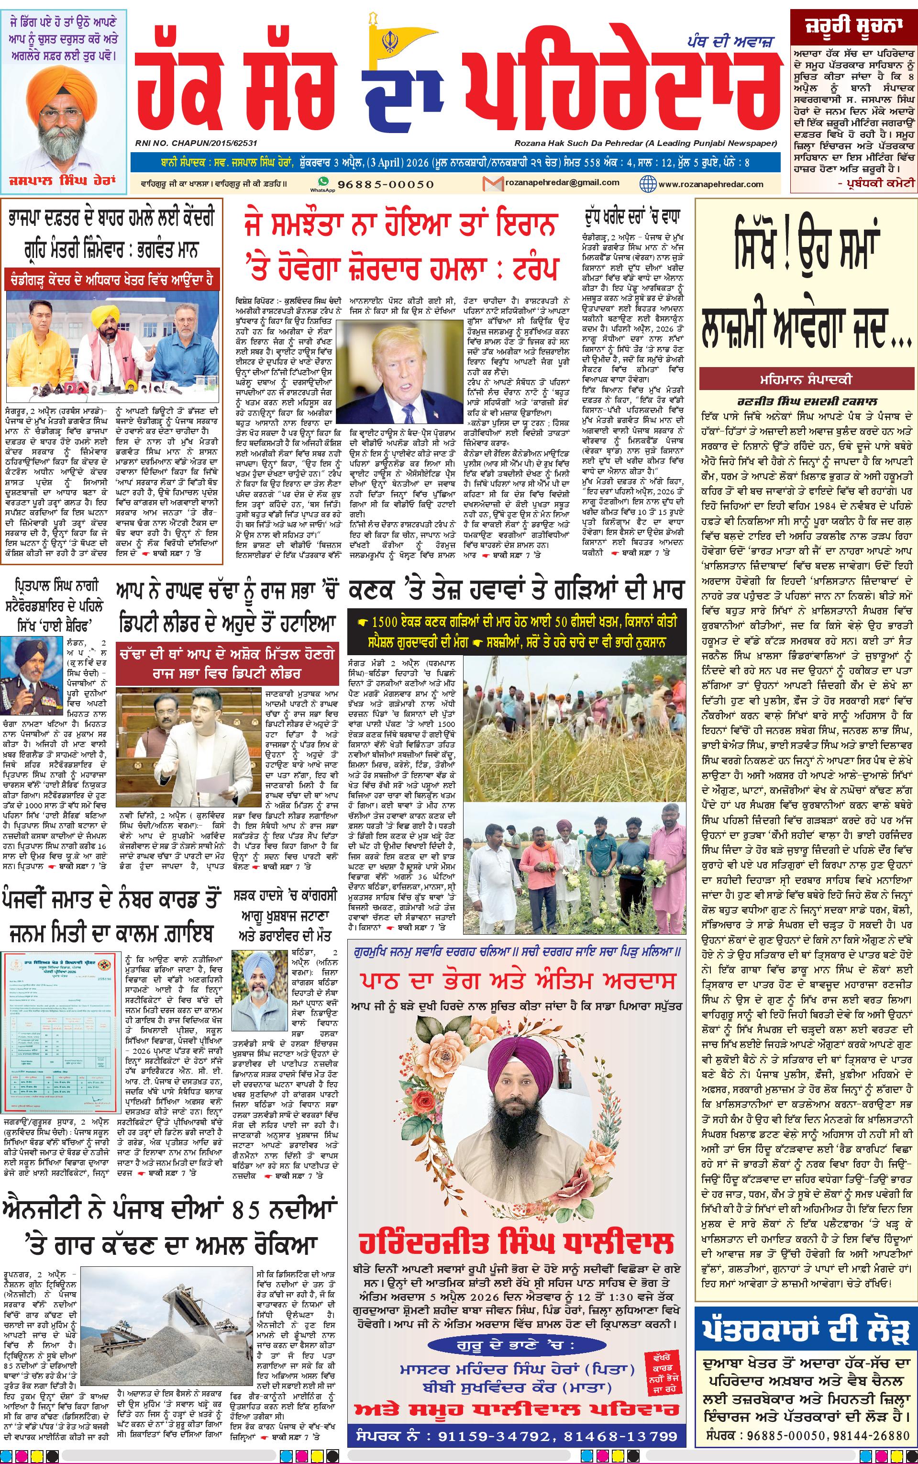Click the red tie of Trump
click(401, 409)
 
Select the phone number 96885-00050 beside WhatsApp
click(386, 184)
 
